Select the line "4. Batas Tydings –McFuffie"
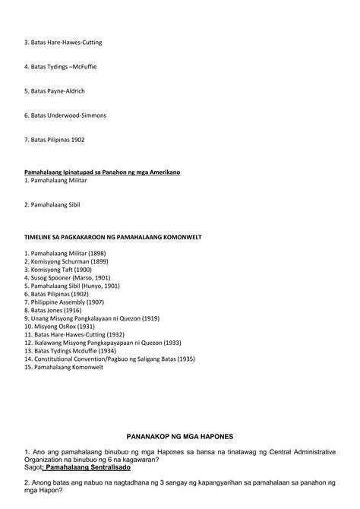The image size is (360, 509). (60, 67)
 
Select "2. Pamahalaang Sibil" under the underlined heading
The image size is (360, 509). (52, 205)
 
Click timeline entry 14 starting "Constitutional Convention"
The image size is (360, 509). (109, 359)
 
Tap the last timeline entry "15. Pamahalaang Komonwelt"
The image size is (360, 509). (62, 368)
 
